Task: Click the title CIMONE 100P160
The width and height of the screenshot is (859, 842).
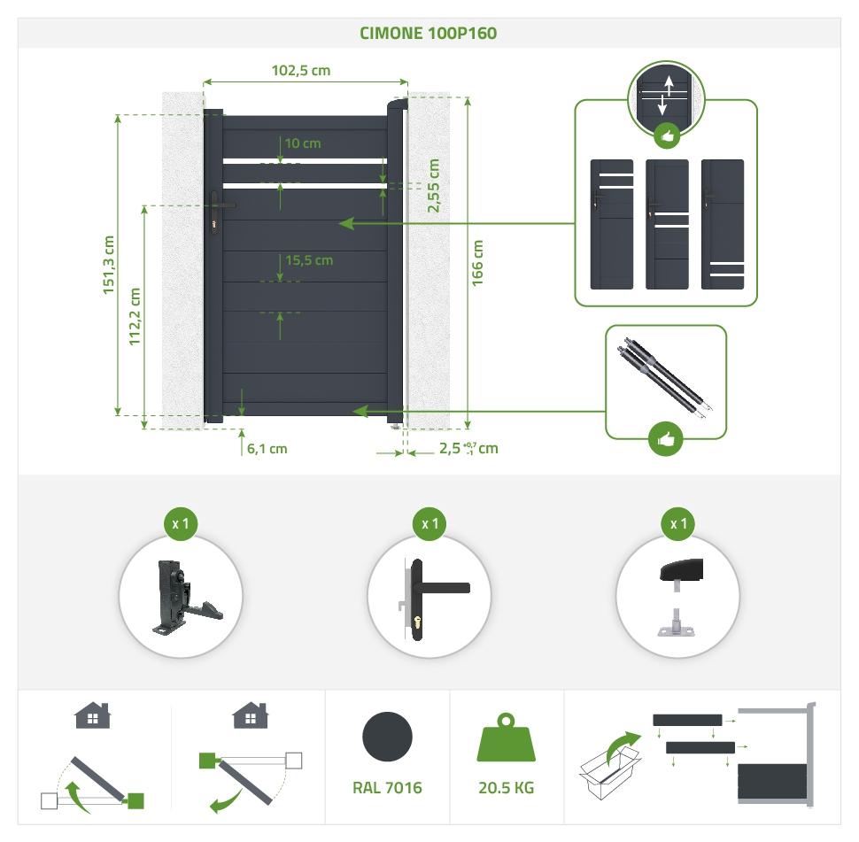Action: (x=428, y=34)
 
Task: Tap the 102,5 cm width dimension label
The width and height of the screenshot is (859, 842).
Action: (x=300, y=70)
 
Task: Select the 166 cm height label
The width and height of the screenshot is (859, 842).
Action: (x=478, y=262)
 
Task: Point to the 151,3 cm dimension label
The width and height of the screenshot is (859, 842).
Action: (x=109, y=264)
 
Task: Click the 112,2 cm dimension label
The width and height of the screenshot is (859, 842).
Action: (x=135, y=315)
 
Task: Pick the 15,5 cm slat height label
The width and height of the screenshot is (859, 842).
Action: (x=309, y=260)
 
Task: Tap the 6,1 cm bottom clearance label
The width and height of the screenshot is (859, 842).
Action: (x=267, y=448)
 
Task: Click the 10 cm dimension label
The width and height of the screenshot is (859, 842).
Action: (x=303, y=143)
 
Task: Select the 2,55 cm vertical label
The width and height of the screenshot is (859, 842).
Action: (x=433, y=186)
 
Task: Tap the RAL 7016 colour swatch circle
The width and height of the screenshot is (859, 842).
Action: (x=387, y=737)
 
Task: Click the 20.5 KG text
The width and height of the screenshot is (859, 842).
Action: (x=507, y=787)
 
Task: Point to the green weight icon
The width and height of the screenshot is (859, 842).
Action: (x=507, y=740)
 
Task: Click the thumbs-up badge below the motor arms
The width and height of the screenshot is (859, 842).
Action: (x=665, y=439)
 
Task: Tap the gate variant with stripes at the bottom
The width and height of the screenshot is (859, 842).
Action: (x=722, y=224)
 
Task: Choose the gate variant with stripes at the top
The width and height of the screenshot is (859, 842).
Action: (x=612, y=224)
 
